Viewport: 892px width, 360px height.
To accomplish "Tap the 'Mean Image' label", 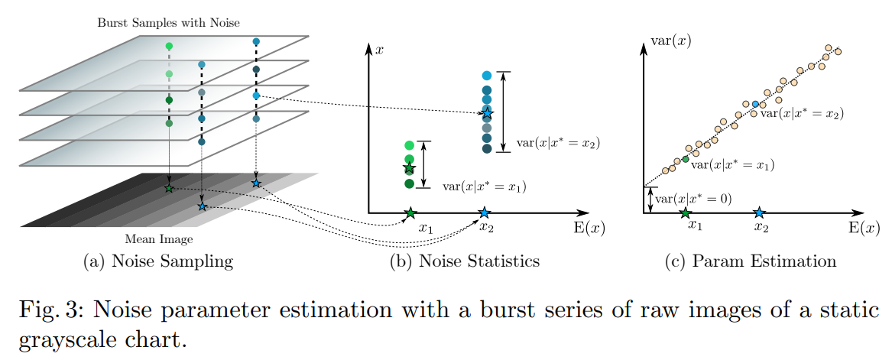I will click(158, 239).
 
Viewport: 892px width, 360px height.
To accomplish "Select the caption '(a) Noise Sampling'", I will click(157, 261).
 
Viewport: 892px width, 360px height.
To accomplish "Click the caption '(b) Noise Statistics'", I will click(465, 261).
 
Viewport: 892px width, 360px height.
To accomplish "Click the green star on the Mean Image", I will click(169, 188).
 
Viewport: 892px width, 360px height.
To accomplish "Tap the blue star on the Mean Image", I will click(202, 206).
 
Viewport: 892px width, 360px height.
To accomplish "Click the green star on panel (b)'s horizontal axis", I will click(410, 212).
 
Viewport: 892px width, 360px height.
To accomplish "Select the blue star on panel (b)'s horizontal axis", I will click(484, 212).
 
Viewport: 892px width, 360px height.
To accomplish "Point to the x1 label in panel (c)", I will click(694, 225).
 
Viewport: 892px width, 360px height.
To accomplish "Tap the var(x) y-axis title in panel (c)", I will click(670, 41).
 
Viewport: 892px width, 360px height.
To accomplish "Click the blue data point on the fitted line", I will click(755, 104).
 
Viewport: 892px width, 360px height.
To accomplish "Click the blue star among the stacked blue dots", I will click(488, 113).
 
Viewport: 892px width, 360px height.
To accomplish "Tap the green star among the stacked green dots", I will click(409, 167).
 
